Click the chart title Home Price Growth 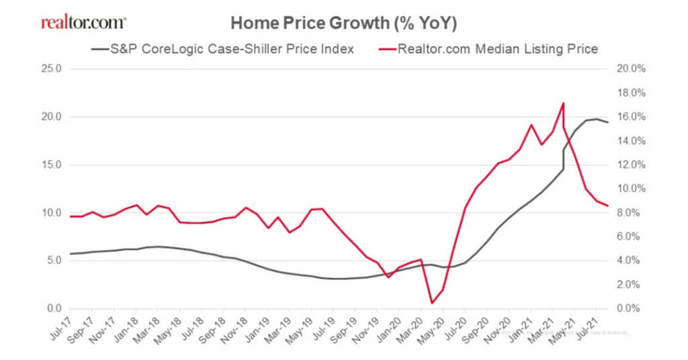tap(343, 24)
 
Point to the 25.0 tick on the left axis tap(50, 69)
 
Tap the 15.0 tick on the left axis tap(50, 165)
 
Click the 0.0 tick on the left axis tap(52, 309)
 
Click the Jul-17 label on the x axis tap(60, 328)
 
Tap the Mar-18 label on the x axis tap(147, 328)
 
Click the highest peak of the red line tap(563, 103)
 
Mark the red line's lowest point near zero tap(431, 303)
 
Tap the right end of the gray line tap(608, 122)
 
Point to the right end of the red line tap(608, 206)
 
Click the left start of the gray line tap(70, 254)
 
